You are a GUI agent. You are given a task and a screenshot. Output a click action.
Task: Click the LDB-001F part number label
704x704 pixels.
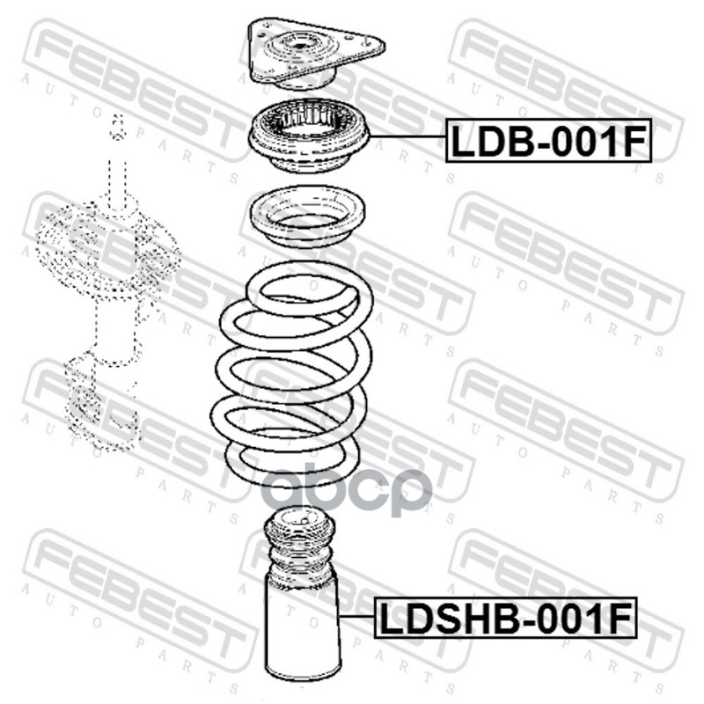coord(548,140)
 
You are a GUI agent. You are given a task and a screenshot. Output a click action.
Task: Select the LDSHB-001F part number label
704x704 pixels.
coord(505,618)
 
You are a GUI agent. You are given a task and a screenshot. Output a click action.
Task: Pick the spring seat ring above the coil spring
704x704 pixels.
coord(307,216)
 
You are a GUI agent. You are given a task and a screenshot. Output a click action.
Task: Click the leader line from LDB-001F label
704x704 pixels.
coord(407,136)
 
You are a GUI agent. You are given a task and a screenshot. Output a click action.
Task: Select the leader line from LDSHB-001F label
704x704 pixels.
coord(357,616)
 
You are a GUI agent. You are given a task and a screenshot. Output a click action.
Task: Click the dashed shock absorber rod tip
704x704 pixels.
coord(118,127)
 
